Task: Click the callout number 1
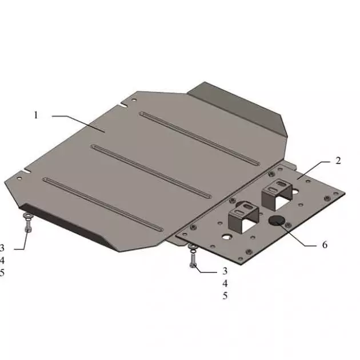click(35, 115)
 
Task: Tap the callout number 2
click(338, 161)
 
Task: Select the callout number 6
click(325, 245)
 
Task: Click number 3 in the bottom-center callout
click(225, 271)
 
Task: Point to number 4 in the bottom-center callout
click(225, 283)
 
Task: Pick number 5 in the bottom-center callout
click(225, 296)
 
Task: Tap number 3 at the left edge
click(2, 248)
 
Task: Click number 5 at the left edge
click(2, 273)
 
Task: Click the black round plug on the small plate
click(278, 221)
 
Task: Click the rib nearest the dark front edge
click(103, 203)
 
